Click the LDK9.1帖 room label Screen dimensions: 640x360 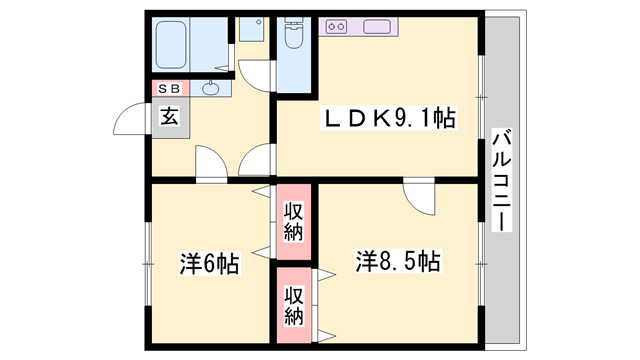(x=389, y=118)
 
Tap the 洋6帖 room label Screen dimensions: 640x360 (x=209, y=263)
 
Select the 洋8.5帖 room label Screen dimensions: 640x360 (x=398, y=261)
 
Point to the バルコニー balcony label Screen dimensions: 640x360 (x=502, y=180)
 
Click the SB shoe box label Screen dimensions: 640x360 (x=169, y=89)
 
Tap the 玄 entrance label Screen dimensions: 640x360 (x=169, y=117)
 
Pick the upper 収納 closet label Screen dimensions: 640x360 (x=294, y=222)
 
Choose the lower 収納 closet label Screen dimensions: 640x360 (x=294, y=306)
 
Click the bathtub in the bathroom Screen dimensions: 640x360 (x=171, y=44)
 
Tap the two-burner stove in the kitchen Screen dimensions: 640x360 (x=337, y=27)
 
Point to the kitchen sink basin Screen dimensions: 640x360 (x=377, y=27)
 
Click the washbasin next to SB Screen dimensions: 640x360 (x=211, y=88)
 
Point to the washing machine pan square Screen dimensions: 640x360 (x=251, y=29)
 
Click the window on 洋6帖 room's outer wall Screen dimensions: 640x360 (x=148, y=264)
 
